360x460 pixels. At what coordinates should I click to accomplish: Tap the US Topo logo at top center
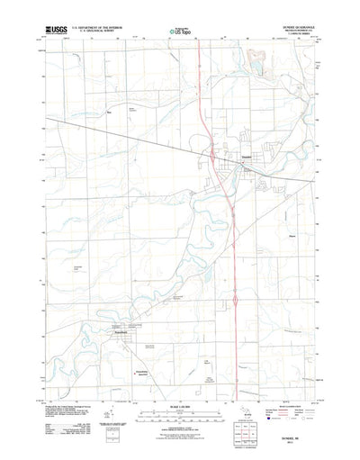[x=180, y=32]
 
